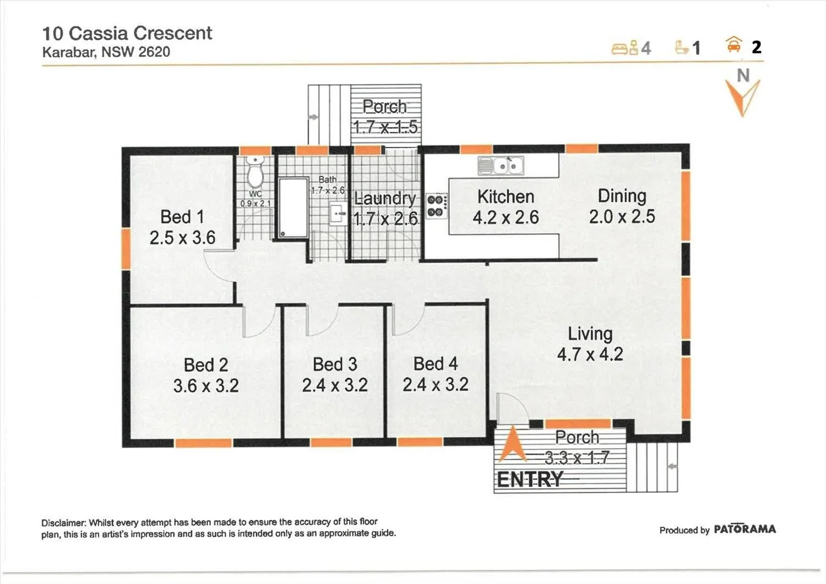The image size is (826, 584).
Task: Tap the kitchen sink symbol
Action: click(501, 166)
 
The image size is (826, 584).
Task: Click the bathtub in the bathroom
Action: click(294, 208)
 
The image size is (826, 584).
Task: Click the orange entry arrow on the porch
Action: click(513, 444)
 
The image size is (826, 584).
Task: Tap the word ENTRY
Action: click(530, 479)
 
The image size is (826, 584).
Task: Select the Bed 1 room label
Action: click(182, 217)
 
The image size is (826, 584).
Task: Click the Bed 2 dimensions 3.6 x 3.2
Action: click(206, 386)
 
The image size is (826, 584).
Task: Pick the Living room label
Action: click(590, 334)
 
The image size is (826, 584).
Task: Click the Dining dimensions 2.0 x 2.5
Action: click(622, 216)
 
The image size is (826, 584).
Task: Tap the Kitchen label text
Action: click(506, 197)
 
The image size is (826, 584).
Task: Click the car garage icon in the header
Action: click(734, 45)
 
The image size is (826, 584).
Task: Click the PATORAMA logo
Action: click(745, 529)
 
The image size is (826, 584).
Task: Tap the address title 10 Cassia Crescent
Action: click(127, 33)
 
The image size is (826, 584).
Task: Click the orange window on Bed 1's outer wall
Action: click(126, 248)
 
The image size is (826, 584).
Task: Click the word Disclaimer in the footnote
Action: click(63, 523)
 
